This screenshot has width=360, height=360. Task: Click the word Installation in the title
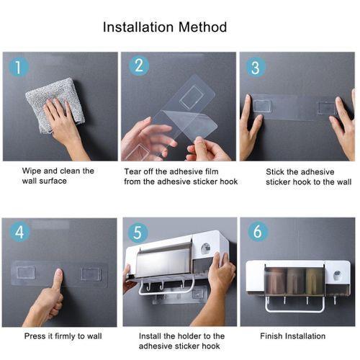[138, 27]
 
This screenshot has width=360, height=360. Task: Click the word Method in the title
[203, 27]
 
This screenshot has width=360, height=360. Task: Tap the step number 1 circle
[19, 67]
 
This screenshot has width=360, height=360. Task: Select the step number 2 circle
[139, 66]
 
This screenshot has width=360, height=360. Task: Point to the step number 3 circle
[256, 68]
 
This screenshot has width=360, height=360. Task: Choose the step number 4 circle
[19, 232]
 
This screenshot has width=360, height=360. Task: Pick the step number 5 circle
[138, 233]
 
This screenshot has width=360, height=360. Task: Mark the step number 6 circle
[257, 231]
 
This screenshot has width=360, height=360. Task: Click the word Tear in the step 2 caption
[132, 171]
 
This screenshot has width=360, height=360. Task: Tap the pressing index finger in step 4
[58, 279]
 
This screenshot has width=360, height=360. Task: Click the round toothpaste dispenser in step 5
[205, 248]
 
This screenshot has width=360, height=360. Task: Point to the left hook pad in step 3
[263, 107]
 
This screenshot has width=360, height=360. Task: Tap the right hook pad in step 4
[91, 274]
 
